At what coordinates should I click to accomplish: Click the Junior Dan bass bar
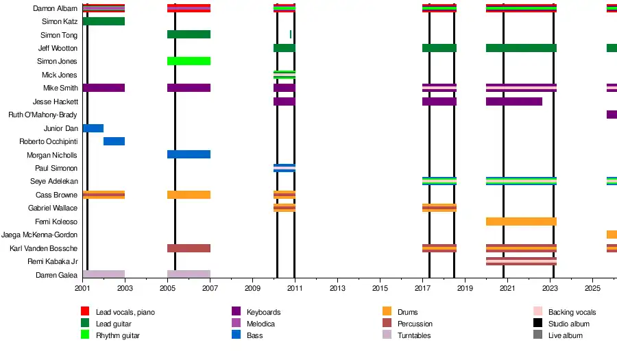tap(93, 128)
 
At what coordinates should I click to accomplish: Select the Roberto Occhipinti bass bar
tap(114, 141)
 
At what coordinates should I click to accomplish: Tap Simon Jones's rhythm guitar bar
tap(189, 61)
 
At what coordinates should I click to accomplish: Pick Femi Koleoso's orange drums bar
tap(521, 221)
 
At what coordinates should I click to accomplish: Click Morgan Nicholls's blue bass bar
tap(189, 154)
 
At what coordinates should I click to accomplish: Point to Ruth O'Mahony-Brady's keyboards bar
tap(612, 115)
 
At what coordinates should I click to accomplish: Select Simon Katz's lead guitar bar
tap(104, 21)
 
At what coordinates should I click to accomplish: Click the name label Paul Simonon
tap(56, 168)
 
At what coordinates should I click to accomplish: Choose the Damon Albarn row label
tap(55, 8)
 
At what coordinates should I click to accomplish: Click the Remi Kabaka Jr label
tap(52, 261)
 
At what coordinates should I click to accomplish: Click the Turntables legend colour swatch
tap(386, 335)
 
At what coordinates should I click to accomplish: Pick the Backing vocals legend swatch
tap(538, 312)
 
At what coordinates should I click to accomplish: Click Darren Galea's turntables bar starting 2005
tap(189, 275)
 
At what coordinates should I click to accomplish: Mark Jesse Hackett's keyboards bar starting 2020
tap(514, 101)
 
